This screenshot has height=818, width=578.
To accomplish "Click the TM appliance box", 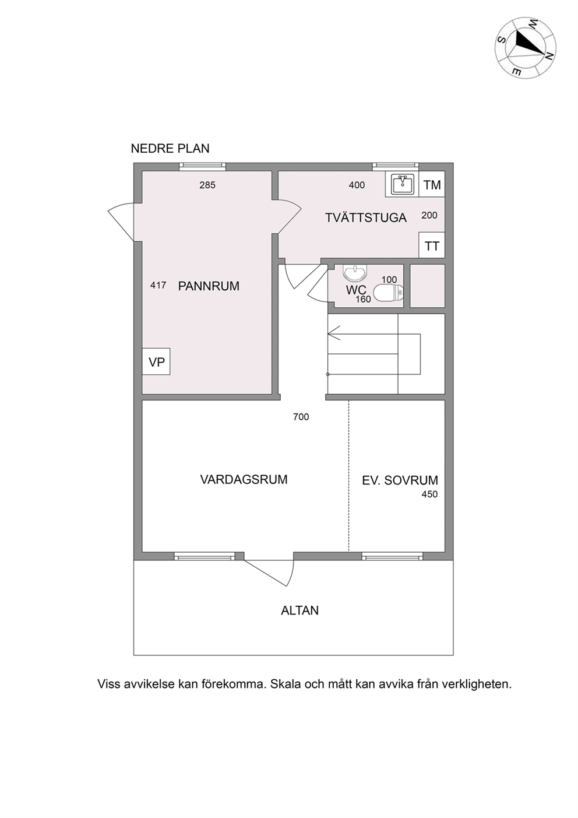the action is click(x=432, y=184).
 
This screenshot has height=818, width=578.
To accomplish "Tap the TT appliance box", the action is click(x=432, y=245).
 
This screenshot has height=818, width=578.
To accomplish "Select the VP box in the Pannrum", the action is click(x=156, y=361).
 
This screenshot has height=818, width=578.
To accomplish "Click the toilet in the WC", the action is click(x=388, y=292).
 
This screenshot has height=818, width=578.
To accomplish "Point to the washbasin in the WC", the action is click(x=355, y=272).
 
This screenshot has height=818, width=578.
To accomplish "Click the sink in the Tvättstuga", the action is click(x=403, y=184).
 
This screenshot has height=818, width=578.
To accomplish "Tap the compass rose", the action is click(x=526, y=48).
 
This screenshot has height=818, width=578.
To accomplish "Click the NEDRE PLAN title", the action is click(x=170, y=148).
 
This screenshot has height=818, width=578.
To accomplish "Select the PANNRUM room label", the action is click(x=209, y=286).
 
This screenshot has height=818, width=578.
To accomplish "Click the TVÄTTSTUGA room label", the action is click(x=366, y=217).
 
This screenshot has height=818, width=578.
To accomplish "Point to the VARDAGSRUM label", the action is click(x=244, y=479).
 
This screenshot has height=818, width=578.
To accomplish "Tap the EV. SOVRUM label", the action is click(x=400, y=480).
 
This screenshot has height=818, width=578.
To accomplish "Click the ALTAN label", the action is click(x=299, y=610).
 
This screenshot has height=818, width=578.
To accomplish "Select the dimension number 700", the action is click(x=301, y=417).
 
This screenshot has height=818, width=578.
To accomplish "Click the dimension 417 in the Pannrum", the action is click(x=158, y=285).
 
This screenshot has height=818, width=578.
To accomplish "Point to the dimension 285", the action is click(x=207, y=185).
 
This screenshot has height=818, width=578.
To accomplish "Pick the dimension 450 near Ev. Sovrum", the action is click(x=429, y=494).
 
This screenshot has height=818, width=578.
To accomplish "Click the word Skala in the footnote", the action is click(x=286, y=684).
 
